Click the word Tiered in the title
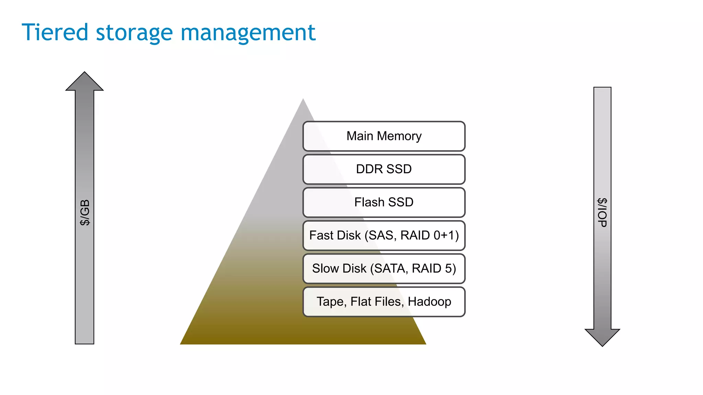pyautogui.click(x=55, y=33)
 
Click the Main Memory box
pyautogui.click(x=384, y=136)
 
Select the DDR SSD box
pyautogui.click(x=384, y=169)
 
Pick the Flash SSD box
pyautogui.click(x=384, y=202)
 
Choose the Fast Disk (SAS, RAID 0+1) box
pyautogui.click(x=384, y=236)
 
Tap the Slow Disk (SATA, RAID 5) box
pyautogui.click(x=384, y=268)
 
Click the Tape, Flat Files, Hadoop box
pyautogui.click(x=384, y=302)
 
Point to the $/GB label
pyautogui.click(x=84, y=213)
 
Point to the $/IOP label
pyautogui.click(x=602, y=213)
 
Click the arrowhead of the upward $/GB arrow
pyautogui.click(x=84, y=82)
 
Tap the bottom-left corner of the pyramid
pyautogui.click(x=181, y=344)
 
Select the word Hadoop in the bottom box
pyautogui.click(x=429, y=302)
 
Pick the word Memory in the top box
pyautogui.click(x=399, y=136)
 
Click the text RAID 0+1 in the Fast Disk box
pyautogui.click(x=429, y=236)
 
